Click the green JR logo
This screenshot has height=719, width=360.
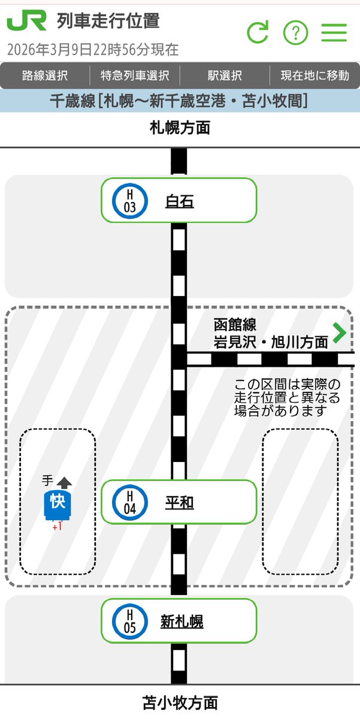(26, 22)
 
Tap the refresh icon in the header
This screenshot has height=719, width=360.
(258, 32)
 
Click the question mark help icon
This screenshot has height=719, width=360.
(295, 32)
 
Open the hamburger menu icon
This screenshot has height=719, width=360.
(334, 32)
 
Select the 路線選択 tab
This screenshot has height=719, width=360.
(45, 75)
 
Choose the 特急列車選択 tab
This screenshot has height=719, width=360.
(135, 75)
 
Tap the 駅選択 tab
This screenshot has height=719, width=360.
(225, 75)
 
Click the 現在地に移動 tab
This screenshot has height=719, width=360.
(315, 75)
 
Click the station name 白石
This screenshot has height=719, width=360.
(179, 202)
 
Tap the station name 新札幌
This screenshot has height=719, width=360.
(181, 621)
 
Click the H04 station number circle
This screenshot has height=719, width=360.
(129, 503)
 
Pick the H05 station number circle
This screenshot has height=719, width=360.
(129, 621)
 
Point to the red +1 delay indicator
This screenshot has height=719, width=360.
(58, 527)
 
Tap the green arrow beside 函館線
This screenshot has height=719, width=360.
(340, 333)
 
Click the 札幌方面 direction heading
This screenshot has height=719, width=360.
(180, 128)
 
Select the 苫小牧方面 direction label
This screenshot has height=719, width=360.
(180, 702)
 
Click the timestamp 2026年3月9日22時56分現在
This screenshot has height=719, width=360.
(93, 49)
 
